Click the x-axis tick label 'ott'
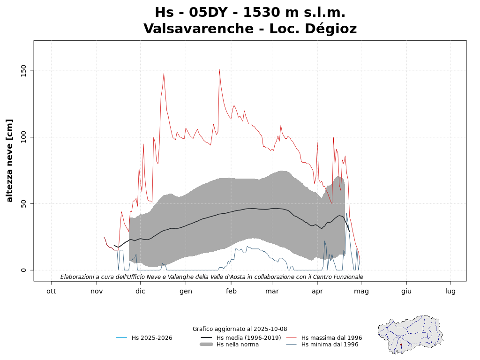pyautogui.click(x=51, y=291)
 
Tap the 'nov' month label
pyautogui.click(x=97, y=291)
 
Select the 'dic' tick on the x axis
pyautogui.click(x=140, y=291)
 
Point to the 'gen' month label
pyautogui.click(x=186, y=291)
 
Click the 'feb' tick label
pyautogui.click(x=231, y=291)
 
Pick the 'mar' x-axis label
pyautogui.click(x=272, y=291)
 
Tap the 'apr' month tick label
pyautogui.click(x=317, y=291)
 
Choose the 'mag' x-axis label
pyautogui.click(x=361, y=291)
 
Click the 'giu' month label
pyautogui.click(x=406, y=291)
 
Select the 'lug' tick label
pyautogui.click(x=450, y=291)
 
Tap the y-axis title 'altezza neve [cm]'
pyautogui.click(x=10, y=161)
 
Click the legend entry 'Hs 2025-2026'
pyautogui.click(x=152, y=337)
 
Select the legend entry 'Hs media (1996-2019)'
pyautogui.click(x=248, y=337)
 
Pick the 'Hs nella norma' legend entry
pyautogui.click(x=237, y=345)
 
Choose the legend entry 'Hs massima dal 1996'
pyautogui.click(x=331, y=337)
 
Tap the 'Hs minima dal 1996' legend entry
pyautogui.click(x=330, y=345)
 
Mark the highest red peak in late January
pyautogui.click(x=219, y=70)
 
